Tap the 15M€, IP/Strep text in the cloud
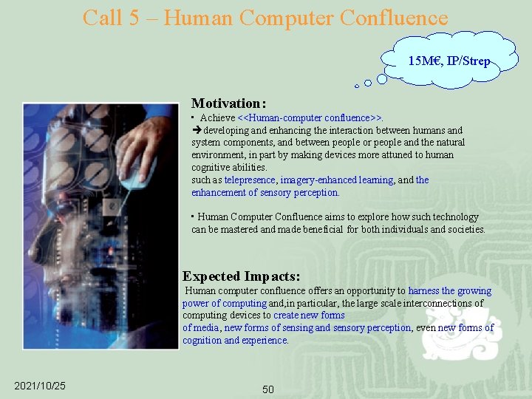(x=449, y=61)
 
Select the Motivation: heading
(x=228, y=103)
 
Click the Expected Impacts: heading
(x=241, y=276)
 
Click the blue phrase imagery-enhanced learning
(x=336, y=180)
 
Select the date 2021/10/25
(x=40, y=386)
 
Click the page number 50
(x=267, y=389)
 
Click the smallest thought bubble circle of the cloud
(x=356, y=86)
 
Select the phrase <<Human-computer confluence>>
(x=310, y=118)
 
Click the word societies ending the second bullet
(x=466, y=230)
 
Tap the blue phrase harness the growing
(x=449, y=291)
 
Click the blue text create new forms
(x=309, y=316)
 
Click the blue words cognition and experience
(x=235, y=341)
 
